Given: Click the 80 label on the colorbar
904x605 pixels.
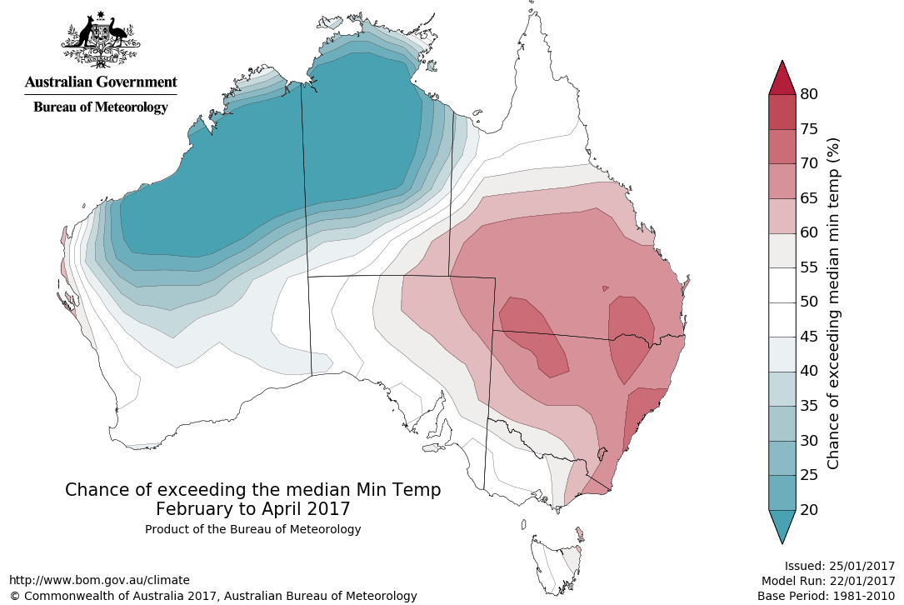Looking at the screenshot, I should point(808,94).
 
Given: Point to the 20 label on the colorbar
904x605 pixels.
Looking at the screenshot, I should point(808,509).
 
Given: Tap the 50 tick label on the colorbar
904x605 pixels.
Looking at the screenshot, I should point(808,302).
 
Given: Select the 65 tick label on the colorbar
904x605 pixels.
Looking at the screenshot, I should point(808,198).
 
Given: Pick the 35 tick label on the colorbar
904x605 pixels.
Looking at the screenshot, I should point(808,406).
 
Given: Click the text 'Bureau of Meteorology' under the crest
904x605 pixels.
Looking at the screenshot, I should point(101,107).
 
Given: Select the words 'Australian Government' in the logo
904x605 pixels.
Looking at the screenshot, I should point(101,82).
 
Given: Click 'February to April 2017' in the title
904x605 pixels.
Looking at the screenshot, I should point(252,508).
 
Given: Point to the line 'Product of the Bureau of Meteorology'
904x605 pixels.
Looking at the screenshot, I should point(252,529).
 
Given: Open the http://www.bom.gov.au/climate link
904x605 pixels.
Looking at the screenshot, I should point(99,580).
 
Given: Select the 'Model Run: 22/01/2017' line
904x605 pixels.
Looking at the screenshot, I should point(827,581).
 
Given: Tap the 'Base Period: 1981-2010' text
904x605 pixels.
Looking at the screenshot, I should point(826,596).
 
